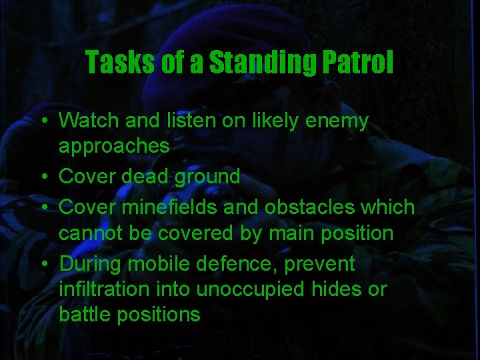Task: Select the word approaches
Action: pos(114,147)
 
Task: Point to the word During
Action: pos(90,264)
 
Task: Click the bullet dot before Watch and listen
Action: pos(42,122)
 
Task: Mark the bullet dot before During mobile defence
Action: pos(42,265)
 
